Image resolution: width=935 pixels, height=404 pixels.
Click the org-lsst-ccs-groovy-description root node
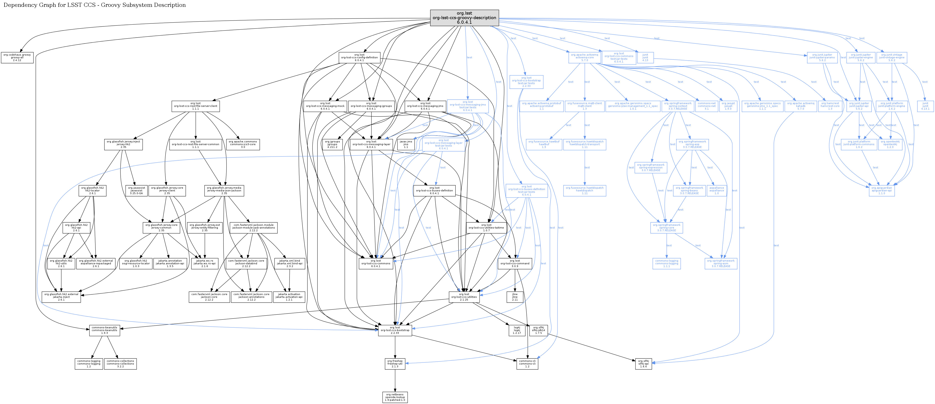tap(464, 18)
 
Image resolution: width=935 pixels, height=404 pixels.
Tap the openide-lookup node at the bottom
tap(395, 397)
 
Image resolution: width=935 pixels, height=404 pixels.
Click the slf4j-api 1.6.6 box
tap(643, 364)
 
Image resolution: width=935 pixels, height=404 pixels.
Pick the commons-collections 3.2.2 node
tap(120, 364)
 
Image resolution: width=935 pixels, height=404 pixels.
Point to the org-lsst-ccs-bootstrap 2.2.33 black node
tap(395, 330)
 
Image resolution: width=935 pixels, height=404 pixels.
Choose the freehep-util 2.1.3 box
tap(395, 364)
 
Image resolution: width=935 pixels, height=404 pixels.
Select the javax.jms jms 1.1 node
tap(406, 144)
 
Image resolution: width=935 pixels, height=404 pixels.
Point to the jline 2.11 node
tap(515, 297)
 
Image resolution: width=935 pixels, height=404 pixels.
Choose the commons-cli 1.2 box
tap(527, 364)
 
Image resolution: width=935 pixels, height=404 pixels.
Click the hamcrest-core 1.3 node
tap(830, 106)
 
